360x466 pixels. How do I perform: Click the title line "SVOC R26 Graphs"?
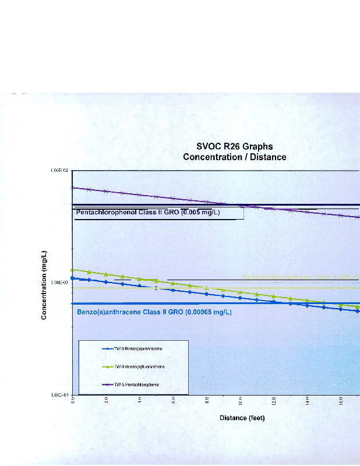click(x=234, y=146)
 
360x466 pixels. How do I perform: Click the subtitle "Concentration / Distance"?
click(x=234, y=157)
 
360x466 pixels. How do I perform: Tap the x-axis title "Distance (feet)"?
click(x=242, y=418)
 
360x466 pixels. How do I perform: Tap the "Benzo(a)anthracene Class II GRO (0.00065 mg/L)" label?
click(x=154, y=312)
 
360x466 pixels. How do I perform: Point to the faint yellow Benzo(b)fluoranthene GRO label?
click(x=300, y=276)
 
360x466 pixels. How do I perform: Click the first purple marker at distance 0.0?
click(x=72, y=188)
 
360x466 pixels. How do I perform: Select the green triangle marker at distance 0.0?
click(x=72, y=270)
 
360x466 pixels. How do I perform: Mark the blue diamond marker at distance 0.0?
click(x=72, y=278)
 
